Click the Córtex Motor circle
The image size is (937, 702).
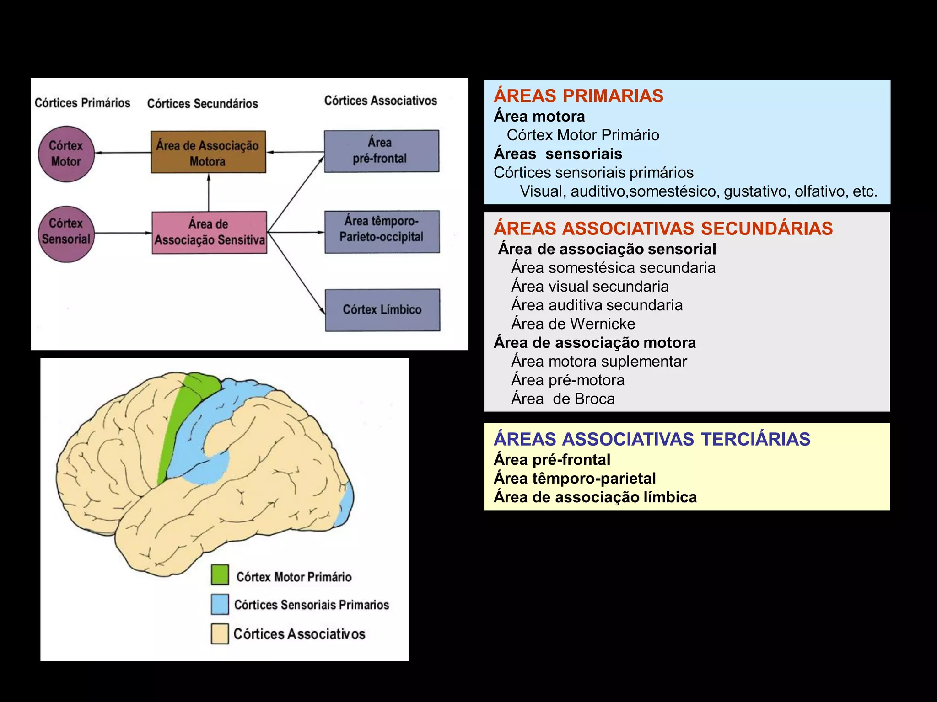pyautogui.click(x=66, y=154)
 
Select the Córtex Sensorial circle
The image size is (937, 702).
pyautogui.click(x=66, y=233)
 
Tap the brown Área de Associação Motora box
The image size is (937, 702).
pyautogui.click(x=208, y=152)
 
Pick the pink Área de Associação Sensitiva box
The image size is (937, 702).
pyautogui.click(x=209, y=232)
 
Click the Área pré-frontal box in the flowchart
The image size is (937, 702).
pyautogui.click(x=381, y=151)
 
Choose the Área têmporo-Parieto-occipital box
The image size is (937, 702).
pyautogui.click(x=382, y=231)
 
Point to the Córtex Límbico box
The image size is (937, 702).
pyautogui.click(x=382, y=310)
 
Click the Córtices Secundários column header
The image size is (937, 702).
pyautogui.click(x=203, y=104)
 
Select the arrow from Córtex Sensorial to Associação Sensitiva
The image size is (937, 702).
pyautogui.click(x=123, y=233)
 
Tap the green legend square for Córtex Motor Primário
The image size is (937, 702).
pyautogui.click(x=220, y=575)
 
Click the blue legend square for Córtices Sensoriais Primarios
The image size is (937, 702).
pyautogui.click(x=220, y=604)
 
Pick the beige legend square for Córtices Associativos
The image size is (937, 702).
pyautogui.click(x=220, y=634)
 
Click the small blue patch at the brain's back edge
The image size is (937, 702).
pyautogui.click(x=347, y=503)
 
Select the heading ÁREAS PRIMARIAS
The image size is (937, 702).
pyautogui.click(x=578, y=96)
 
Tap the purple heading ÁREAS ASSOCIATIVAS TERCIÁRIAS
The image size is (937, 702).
pyautogui.click(x=652, y=439)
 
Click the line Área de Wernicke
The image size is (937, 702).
pyautogui.click(x=573, y=324)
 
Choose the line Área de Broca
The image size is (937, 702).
pyautogui.click(x=563, y=399)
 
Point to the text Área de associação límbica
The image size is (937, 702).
pyautogui.click(x=595, y=497)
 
